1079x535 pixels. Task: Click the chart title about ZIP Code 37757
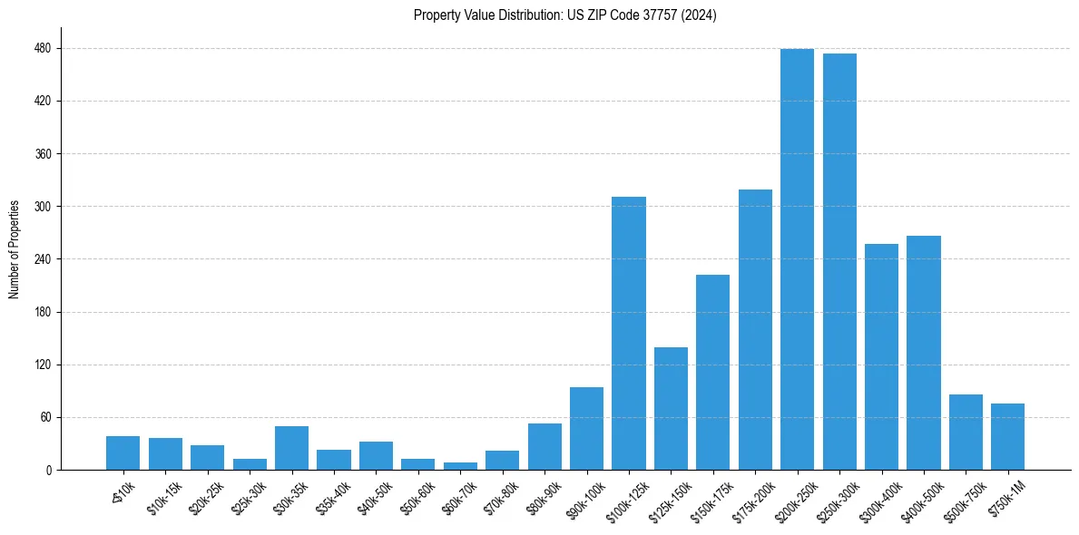564,15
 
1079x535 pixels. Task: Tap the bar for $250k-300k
839,262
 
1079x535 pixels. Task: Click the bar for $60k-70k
460,466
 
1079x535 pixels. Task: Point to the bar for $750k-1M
1007,437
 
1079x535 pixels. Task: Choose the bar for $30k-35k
291,448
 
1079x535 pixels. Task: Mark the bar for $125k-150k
671,409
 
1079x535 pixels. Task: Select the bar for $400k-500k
923,353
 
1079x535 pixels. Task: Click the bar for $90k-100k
586,429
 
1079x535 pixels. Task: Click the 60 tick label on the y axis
46,418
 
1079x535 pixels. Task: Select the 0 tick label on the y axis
49,471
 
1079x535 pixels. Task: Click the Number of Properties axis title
15,249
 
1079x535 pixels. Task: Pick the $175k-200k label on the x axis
750,498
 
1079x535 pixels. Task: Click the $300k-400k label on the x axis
876,498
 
